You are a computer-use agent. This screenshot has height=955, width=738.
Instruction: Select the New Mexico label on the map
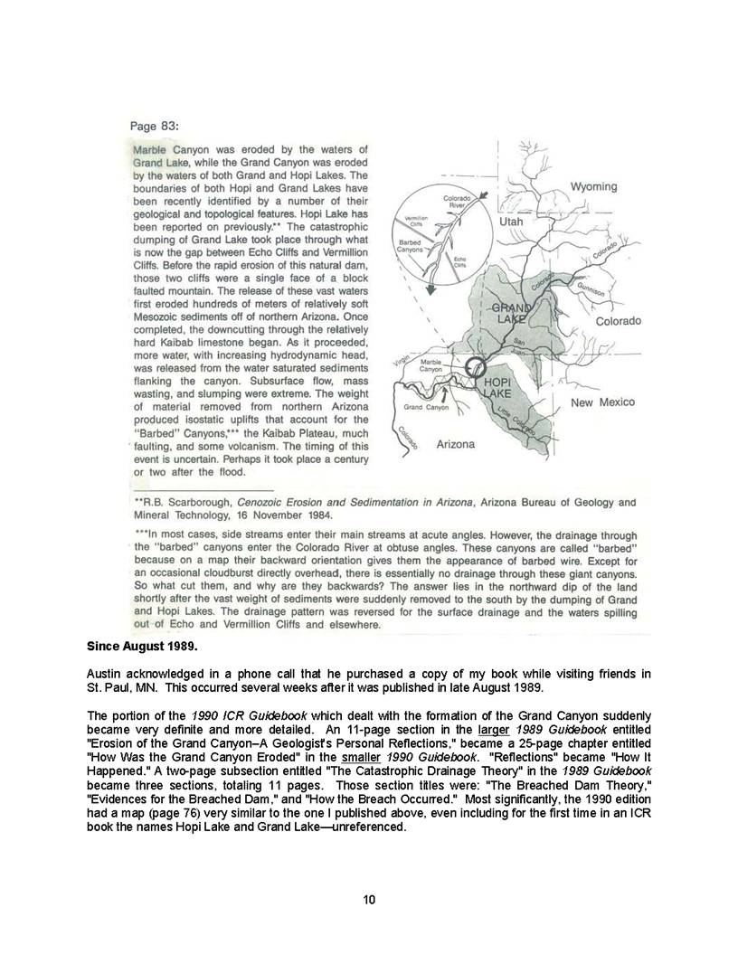coord(603,402)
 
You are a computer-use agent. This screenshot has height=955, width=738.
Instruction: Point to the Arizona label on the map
coord(455,444)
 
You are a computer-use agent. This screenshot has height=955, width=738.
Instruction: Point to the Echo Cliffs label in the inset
coord(460,261)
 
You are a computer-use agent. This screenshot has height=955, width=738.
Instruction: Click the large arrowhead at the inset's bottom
coord(430,290)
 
